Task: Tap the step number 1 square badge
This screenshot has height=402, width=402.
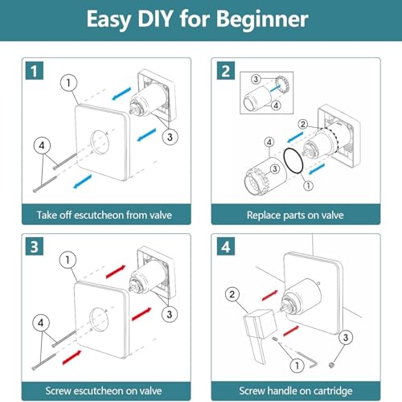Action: tap(35, 71)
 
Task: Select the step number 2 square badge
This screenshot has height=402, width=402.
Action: tap(226, 71)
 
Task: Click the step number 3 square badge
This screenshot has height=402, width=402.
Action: tap(35, 247)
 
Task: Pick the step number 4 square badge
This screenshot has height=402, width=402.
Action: tap(226, 247)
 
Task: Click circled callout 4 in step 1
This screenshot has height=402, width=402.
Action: tap(42, 146)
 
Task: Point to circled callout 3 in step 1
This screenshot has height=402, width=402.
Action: tap(170, 137)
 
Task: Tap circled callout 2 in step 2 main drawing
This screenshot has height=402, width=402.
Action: tap(303, 124)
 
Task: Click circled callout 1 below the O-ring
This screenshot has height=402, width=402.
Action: tap(308, 186)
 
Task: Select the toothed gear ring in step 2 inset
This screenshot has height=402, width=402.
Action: tap(281, 85)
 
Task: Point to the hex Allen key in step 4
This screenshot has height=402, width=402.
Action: tap(308, 359)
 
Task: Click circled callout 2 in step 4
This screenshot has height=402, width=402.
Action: tap(232, 294)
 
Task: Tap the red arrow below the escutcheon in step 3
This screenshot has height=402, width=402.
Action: tap(72, 357)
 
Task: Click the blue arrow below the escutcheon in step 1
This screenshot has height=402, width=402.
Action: tap(83, 181)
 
